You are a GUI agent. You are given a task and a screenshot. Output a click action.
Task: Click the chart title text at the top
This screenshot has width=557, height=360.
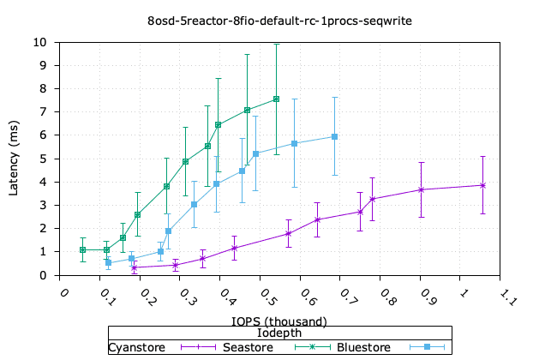pyautogui.click(x=278, y=19)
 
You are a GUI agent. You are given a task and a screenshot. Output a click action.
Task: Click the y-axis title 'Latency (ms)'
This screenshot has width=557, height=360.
pyautogui.click(x=15, y=158)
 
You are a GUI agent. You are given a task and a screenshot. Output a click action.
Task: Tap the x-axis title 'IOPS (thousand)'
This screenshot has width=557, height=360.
pyautogui.click(x=278, y=321)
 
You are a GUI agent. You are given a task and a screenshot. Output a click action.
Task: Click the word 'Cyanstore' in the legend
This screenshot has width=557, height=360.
pyautogui.click(x=136, y=347)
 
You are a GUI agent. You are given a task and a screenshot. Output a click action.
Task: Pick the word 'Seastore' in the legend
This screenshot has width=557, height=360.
pyautogui.click(x=248, y=347)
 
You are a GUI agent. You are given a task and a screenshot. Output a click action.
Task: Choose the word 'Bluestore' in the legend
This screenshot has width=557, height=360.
pyautogui.click(x=363, y=347)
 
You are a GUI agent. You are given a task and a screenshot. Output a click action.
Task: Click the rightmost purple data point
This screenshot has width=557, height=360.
pyautogui.click(x=482, y=185)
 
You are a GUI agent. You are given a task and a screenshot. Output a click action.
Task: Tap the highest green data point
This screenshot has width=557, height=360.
pyautogui.click(x=276, y=99)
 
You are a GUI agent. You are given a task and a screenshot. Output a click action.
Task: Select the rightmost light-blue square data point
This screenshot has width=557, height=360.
pyautogui.click(x=334, y=136)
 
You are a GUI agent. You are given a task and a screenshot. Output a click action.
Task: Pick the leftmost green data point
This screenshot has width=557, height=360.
pyautogui.click(x=82, y=249)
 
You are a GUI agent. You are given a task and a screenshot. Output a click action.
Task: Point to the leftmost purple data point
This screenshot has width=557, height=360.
pyautogui.click(x=135, y=268)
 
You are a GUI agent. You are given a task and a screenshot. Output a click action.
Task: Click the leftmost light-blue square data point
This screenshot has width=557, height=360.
pyautogui.click(x=108, y=262)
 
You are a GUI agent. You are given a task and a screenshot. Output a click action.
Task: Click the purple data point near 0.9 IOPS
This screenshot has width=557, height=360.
pyautogui.click(x=422, y=189)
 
